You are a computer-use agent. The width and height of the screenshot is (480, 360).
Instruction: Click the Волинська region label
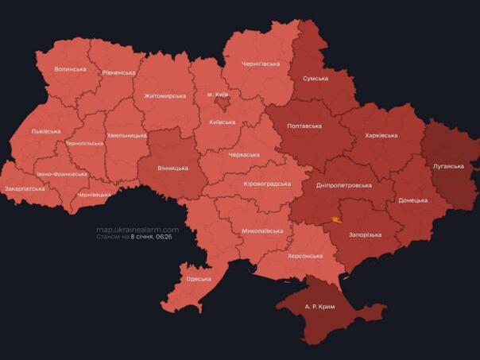click(70, 69)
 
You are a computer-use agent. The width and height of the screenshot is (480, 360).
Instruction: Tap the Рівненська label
click(118, 72)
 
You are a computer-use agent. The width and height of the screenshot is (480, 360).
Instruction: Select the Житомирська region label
click(165, 95)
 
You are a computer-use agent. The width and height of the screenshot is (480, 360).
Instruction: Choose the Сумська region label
click(315, 78)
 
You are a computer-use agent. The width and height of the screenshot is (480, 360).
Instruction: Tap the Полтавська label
click(304, 126)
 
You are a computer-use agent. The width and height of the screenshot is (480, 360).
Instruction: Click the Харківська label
click(381, 135)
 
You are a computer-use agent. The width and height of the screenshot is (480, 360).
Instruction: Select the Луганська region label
click(448, 166)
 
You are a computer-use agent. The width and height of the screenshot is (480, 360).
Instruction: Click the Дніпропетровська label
click(343, 185)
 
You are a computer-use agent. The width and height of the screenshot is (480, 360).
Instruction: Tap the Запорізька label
click(365, 234)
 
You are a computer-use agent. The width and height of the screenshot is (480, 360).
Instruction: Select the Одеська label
click(198, 279)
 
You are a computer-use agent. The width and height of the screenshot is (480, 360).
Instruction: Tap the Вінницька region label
click(172, 168)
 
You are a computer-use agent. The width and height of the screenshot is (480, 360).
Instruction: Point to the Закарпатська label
click(25, 189)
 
